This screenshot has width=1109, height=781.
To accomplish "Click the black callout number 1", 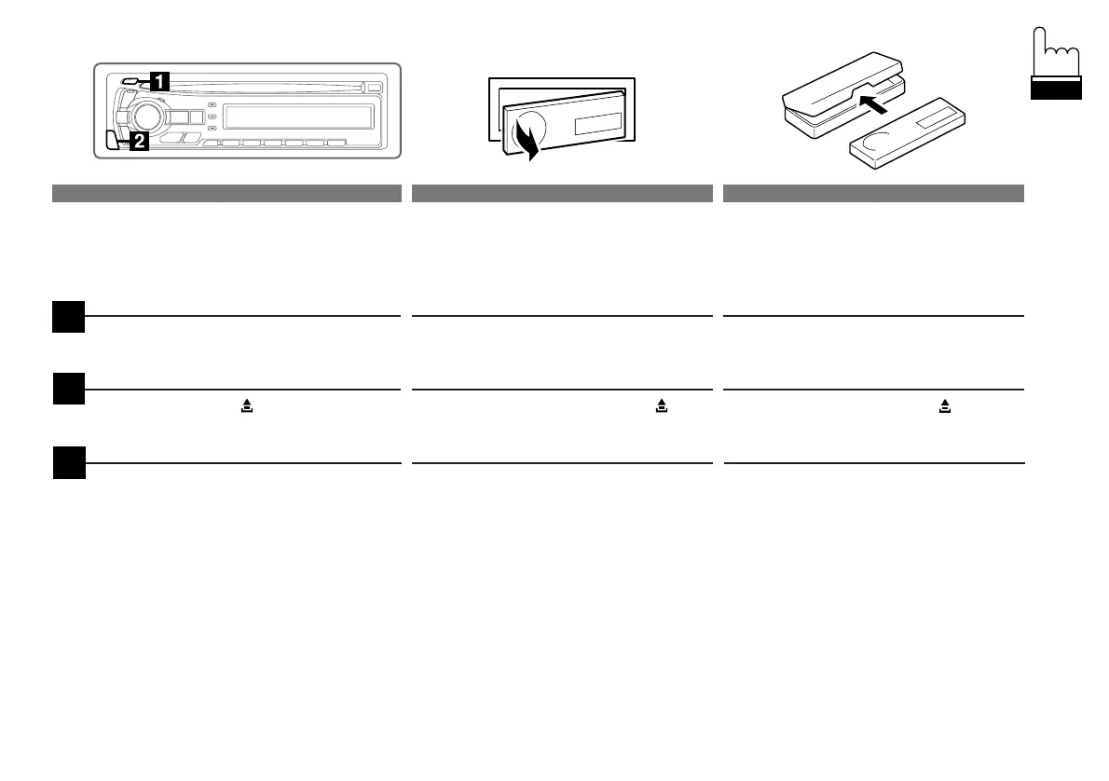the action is tap(159, 81).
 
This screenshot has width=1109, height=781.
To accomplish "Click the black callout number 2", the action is tap(136, 143).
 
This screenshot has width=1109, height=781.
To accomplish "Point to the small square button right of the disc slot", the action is tap(375, 88).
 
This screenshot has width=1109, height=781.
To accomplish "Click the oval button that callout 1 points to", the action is tap(127, 81).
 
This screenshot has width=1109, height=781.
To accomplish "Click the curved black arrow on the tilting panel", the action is tap(527, 142).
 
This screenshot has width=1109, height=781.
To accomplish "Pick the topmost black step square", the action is tap(68, 315).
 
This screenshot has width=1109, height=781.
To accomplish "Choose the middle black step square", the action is tap(68, 389).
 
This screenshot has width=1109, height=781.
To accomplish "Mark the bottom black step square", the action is tap(68, 463).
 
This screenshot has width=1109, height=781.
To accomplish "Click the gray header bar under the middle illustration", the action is tap(562, 194).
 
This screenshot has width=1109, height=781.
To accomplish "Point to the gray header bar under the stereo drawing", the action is tap(226, 194).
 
